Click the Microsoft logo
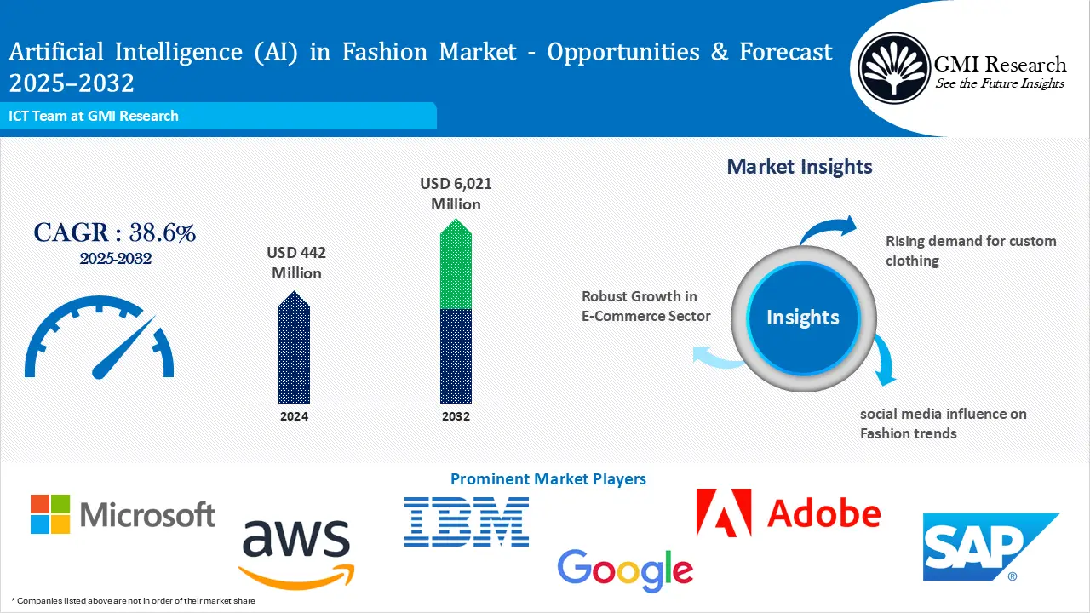[122, 514]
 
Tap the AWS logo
[295, 551]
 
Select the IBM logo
[467, 522]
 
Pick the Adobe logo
[788, 513]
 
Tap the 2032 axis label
[456, 416]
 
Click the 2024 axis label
[294, 416]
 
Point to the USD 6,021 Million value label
[456, 194]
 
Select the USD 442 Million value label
[296, 263]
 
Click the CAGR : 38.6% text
[115, 232]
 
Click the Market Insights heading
[799, 167]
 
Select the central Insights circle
[802, 318]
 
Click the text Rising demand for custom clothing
[970, 250]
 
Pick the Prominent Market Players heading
[548, 479]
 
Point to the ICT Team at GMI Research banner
[94, 116]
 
